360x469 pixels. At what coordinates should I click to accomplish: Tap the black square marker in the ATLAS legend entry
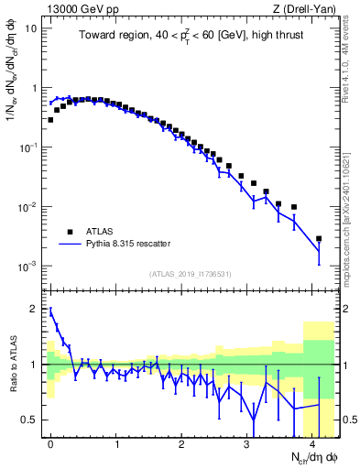click(69, 232)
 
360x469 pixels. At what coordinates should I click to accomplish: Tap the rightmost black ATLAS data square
click(319, 239)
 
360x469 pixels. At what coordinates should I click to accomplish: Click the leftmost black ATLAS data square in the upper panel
click(50, 119)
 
